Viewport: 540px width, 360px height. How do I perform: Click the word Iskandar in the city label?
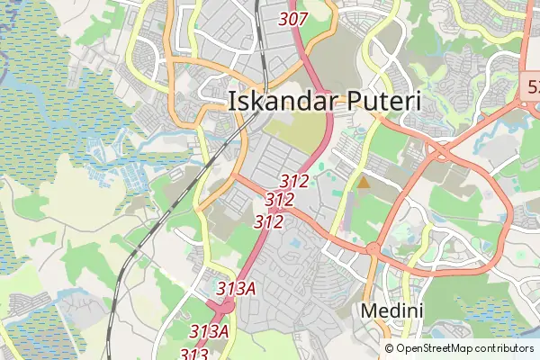tap(277, 101)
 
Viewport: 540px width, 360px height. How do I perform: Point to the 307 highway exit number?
tap(294, 18)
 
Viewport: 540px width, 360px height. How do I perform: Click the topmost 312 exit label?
tap(294, 181)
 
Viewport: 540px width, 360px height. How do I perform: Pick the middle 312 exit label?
tap(280, 200)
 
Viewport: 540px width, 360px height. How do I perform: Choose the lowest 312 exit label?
tap(269, 220)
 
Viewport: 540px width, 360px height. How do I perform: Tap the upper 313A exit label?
tap(237, 288)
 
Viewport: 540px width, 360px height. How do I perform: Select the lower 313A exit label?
tap(209, 331)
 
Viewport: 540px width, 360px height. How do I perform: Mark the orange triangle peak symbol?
tap(364, 183)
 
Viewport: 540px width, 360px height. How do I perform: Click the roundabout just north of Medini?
tap(371, 248)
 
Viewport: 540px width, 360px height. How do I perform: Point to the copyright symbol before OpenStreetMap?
tap(390, 348)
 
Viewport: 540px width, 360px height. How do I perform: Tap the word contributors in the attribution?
tap(505, 348)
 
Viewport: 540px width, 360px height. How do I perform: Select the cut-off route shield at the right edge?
tap(532, 87)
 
